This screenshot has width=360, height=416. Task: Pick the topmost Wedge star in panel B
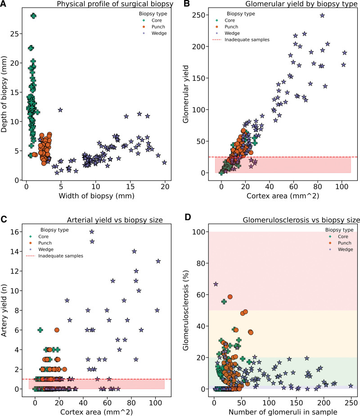322,15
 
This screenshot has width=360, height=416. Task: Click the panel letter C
4,220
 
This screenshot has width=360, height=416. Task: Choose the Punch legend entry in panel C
54,242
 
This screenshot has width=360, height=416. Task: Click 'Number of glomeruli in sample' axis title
285,411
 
